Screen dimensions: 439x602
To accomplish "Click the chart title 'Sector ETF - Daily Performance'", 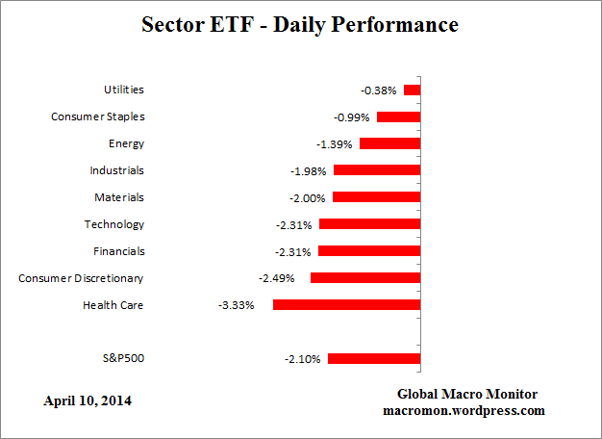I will point(301,25).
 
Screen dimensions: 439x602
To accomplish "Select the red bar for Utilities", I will point(413,90).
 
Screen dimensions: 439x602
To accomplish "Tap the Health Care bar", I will point(347,304).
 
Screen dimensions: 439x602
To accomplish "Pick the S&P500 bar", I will point(374,358).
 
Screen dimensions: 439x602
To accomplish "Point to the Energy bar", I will point(390,143).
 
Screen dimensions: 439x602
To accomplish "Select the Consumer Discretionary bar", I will point(365,277).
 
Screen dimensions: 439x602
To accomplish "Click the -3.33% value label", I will point(237,305).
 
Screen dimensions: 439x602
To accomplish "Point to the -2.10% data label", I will point(301,359).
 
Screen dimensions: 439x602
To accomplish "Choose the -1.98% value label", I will point(309,170).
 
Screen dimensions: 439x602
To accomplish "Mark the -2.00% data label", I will point(308,197).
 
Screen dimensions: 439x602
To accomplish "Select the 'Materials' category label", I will point(118,197).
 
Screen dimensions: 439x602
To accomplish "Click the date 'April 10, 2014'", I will point(88,400).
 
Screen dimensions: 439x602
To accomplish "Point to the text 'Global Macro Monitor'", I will point(467,395).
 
